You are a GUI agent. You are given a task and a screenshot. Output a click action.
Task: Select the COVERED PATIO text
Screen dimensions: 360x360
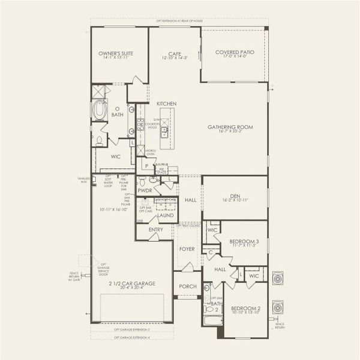click(x=235, y=52)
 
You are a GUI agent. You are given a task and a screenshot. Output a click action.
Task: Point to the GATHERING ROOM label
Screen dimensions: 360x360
click(x=230, y=127)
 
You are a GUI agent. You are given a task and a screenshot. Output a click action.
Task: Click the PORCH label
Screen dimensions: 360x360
click(x=188, y=286)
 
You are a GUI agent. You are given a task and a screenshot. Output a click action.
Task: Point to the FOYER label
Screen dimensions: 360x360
click(x=188, y=248)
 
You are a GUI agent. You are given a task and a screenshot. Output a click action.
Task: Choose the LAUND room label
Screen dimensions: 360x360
click(x=165, y=215)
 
